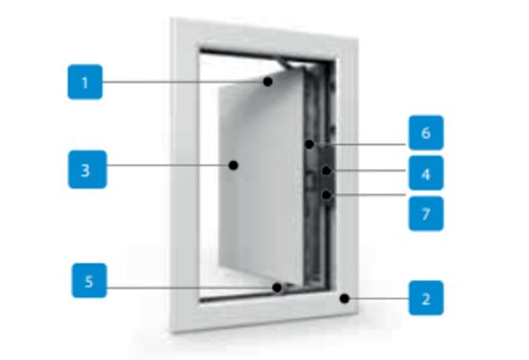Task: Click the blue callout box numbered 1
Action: click(x=85, y=82)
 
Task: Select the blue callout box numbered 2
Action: click(x=426, y=298)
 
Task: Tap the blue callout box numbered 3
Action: click(x=88, y=170)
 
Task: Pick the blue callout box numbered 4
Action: click(x=426, y=173)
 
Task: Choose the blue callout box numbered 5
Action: click(x=90, y=280)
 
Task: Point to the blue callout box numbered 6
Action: click(x=426, y=132)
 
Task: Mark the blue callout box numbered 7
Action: click(x=426, y=213)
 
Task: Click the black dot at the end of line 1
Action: click(x=268, y=82)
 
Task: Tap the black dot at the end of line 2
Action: click(x=344, y=298)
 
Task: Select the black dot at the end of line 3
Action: click(x=234, y=165)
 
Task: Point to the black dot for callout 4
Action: click(x=326, y=170)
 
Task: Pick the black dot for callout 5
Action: click(x=277, y=288)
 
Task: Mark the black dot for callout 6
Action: click(x=309, y=144)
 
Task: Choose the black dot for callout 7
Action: click(x=326, y=195)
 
